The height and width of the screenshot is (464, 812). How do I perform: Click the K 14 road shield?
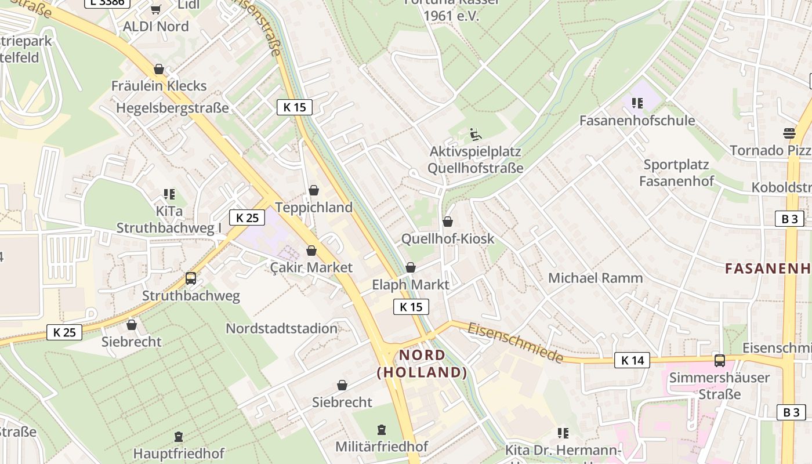coord(632,360)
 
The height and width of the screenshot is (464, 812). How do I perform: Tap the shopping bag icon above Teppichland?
coord(314,190)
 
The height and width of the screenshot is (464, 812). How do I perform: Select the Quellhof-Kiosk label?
coord(448,238)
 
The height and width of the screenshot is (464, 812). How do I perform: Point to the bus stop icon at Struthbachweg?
coord(191,278)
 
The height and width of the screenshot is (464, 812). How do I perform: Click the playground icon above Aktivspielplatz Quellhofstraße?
coord(475,135)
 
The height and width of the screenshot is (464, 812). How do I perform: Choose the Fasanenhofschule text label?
coord(637,121)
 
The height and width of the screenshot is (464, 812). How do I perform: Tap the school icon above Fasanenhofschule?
coord(637,103)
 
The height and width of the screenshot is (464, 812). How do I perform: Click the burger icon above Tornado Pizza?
coord(789,133)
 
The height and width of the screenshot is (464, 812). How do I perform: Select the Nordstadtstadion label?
coord(281,328)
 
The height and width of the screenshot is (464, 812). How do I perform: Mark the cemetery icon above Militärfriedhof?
coord(382,430)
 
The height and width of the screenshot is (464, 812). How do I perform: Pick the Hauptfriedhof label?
coord(179,453)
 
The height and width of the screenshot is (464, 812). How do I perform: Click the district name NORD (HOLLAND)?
coord(422,364)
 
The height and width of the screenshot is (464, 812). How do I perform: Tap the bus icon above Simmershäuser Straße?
coord(720,360)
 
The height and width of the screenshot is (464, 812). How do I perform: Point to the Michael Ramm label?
coord(595,278)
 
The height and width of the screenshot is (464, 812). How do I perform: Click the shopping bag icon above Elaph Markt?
coord(411,267)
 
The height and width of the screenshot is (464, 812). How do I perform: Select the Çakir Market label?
coord(311,267)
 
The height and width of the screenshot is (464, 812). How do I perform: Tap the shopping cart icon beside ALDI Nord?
coord(155,9)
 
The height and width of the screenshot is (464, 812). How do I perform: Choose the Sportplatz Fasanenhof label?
coord(676,173)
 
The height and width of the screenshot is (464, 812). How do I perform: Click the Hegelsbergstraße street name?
coord(172,108)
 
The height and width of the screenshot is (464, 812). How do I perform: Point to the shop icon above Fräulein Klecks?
coord(159,70)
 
